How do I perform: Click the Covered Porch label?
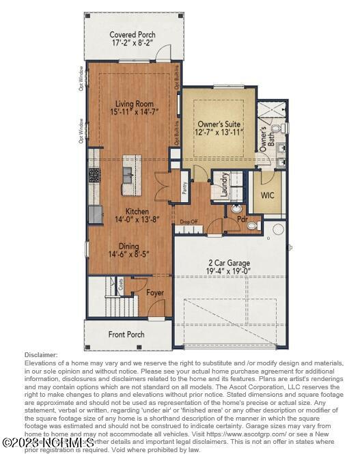pyautogui.click(x=132, y=34)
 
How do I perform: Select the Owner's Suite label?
pyautogui.click(x=219, y=124)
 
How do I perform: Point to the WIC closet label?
pyautogui.click(x=268, y=195)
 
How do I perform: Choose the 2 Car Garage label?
pyautogui.click(x=230, y=262)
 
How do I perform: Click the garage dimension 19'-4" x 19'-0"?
pyautogui.click(x=230, y=271)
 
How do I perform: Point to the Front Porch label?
pyautogui.click(x=126, y=335)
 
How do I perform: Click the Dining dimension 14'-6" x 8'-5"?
pyautogui.click(x=128, y=254)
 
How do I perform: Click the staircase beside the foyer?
pyautogui.click(x=102, y=297)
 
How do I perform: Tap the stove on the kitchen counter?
pyautogui.click(x=94, y=175)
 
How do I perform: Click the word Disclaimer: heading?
pyautogui.click(x=42, y=355)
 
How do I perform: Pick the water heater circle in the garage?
pyautogui.click(x=277, y=229)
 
